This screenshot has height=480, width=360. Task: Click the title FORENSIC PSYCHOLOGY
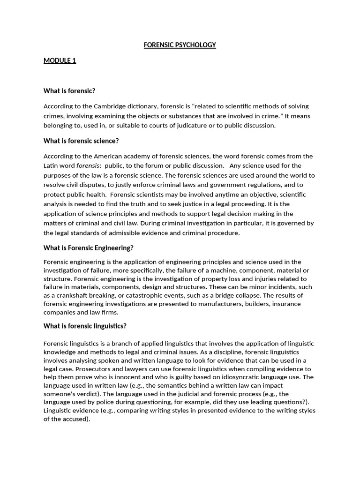(x=180, y=45)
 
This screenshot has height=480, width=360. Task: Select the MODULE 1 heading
(x=60, y=60)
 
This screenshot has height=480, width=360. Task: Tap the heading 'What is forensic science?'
(x=81, y=141)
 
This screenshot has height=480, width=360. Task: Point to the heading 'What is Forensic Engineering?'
(x=89, y=248)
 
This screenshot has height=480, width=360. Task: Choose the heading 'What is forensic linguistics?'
(x=85, y=326)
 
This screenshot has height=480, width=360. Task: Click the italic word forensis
(x=88, y=165)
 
